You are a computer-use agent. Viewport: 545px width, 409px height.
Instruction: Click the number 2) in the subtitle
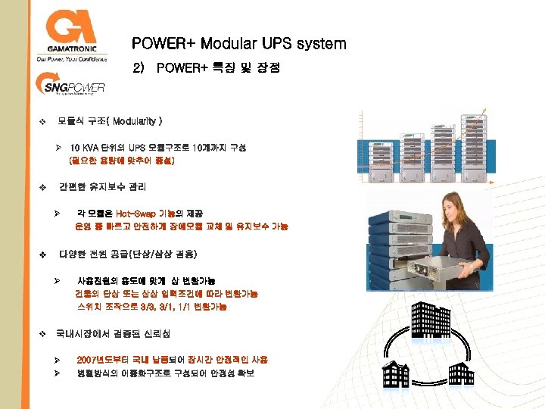tap(138, 68)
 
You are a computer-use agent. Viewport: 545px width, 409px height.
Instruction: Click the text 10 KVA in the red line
tap(85, 148)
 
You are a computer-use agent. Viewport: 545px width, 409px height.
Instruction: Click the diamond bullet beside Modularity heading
tap(42, 121)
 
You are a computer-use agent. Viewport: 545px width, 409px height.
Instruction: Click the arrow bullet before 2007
tap(57, 360)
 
